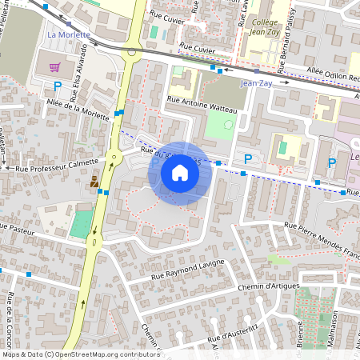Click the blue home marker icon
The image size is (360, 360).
click(x=180, y=173)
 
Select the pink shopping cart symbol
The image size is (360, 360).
click(x=55, y=67)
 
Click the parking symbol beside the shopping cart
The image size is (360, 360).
click(x=58, y=86)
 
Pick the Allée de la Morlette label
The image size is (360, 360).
click(x=78, y=108)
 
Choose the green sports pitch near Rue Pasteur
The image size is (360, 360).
click(x=80, y=224)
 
